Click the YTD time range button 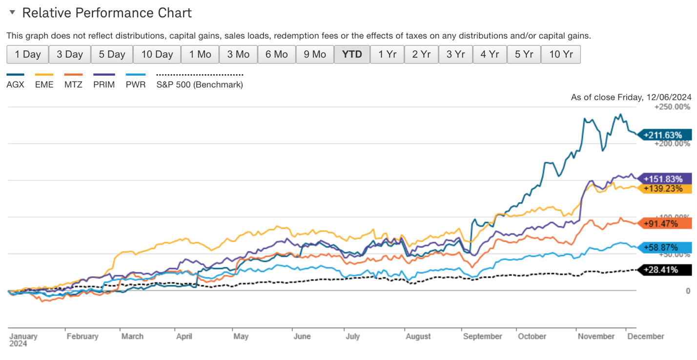352,54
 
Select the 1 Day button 27,54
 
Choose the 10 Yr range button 561,54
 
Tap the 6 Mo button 276,54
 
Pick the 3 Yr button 455,54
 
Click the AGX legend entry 15,84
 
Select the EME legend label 44,84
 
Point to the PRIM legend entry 104,84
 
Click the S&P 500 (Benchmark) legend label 200,84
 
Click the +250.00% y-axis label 673,107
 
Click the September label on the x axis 482,337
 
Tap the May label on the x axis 241,337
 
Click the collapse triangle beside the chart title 12,12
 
